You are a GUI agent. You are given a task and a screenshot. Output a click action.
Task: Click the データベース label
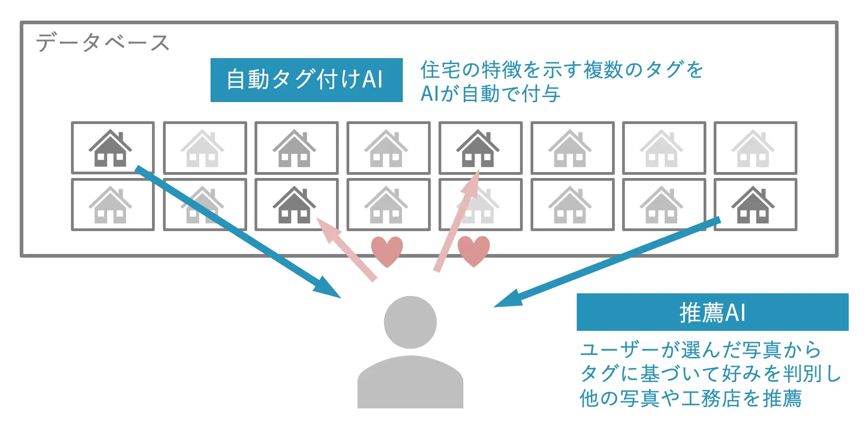click(x=103, y=43)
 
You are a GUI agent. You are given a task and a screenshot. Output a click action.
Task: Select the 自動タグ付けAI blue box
click(x=306, y=80)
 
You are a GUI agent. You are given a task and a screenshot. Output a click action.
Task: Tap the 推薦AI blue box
click(x=712, y=312)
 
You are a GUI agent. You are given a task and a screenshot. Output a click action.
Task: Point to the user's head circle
click(x=410, y=322)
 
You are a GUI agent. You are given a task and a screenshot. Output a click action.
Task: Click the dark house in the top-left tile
click(x=110, y=148)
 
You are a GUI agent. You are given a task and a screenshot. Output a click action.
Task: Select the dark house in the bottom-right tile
click(x=753, y=205)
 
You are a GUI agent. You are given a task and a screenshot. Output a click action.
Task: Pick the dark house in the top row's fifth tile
click(x=478, y=148)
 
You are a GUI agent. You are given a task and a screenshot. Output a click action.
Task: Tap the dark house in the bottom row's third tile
click(x=294, y=205)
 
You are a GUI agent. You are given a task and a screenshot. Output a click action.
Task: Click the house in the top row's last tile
click(x=753, y=148)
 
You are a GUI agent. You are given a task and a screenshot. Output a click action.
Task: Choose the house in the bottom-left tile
click(x=110, y=205)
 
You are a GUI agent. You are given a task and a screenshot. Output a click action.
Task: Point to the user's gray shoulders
click(x=410, y=382)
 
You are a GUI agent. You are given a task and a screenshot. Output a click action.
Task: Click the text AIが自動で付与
click(x=490, y=94)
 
